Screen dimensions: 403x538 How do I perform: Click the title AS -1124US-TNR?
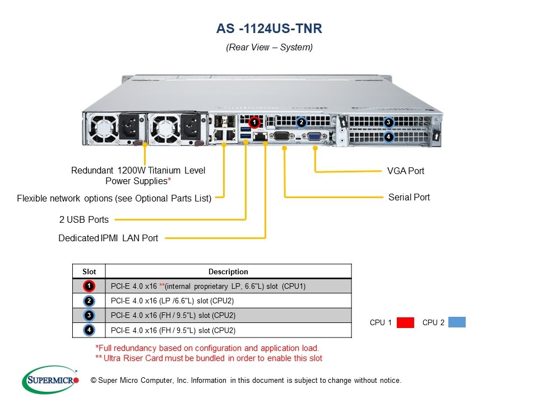tap(269, 28)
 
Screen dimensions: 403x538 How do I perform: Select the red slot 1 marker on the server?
tap(254, 121)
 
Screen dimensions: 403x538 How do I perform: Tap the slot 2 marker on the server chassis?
tap(301, 122)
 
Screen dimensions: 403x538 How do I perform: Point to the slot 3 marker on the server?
tap(389, 123)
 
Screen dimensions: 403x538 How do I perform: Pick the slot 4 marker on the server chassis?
tap(389, 136)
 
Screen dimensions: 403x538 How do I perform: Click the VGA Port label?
tap(406, 171)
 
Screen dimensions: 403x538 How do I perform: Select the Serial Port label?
tap(409, 197)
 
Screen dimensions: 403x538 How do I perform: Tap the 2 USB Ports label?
tap(84, 219)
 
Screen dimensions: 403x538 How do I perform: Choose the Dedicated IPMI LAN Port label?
tap(108, 238)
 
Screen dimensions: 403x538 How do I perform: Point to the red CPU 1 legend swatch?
tap(405, 322)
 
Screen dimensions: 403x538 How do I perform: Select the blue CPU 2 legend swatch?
tap(457, 322)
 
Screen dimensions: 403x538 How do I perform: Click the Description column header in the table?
tap(228, 271)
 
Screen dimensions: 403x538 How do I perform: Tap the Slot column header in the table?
tap(89, 271)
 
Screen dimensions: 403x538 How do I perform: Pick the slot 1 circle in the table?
tap(89, 286)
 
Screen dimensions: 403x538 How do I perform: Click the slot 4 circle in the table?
tap(89, 330)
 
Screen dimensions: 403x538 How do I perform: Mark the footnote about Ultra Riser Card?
tap(209, 358)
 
